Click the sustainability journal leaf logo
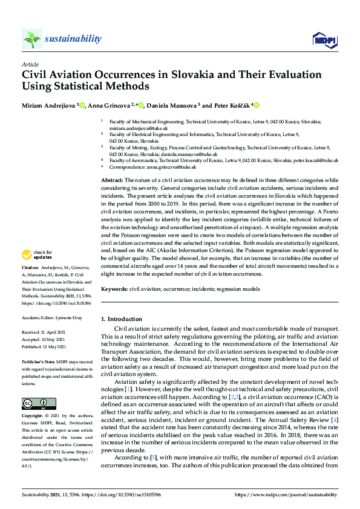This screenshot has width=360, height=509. (32, 39)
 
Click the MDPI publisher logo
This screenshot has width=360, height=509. (324, 40)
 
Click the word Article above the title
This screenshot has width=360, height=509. (30, 64)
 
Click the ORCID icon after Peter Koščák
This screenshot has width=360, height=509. (257, 106)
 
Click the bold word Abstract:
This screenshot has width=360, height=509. (112, 181)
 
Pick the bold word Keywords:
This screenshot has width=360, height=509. (114, 290)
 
